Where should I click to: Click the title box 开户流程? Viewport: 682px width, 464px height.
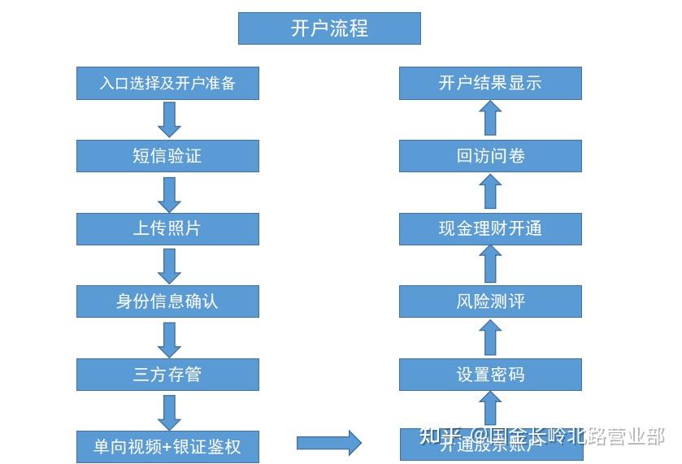[x=329, y=28]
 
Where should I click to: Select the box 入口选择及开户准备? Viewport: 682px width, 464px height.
[x=167, y=83]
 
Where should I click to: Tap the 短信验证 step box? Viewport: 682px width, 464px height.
[x=167, y=156]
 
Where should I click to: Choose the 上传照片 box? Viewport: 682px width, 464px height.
[x=167, y=229]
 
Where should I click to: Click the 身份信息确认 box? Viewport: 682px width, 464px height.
[x=167, y=301]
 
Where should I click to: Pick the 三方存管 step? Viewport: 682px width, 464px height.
[x=167, y=375]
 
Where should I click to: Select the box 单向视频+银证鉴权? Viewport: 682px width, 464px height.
[x=167, y=447]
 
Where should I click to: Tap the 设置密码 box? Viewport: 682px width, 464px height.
[x=490, y=375]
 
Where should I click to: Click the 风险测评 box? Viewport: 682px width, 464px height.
[x=490, y=301]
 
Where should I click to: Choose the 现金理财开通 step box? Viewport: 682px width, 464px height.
[x=490, y=229]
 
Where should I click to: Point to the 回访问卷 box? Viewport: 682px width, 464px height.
[x=490, y=156]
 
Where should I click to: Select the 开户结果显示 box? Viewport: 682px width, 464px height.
[x=490, y=83]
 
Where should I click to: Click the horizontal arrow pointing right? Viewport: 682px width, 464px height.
[x=328, y=443]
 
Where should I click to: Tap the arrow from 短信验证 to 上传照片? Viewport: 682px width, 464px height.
[x=169, y=193]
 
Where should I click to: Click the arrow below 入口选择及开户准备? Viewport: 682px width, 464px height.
[x=169, y=120]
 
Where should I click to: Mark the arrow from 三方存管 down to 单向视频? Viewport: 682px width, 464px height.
[x=169, y=412]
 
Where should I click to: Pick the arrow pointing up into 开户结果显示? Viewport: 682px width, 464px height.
[x=489, y=119]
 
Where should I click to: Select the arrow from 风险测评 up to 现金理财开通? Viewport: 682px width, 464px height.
[x=489, y=265]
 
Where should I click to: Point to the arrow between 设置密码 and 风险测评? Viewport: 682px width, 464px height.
[x=489, y=337]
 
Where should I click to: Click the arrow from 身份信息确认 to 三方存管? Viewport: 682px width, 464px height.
[x=169, y=339]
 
